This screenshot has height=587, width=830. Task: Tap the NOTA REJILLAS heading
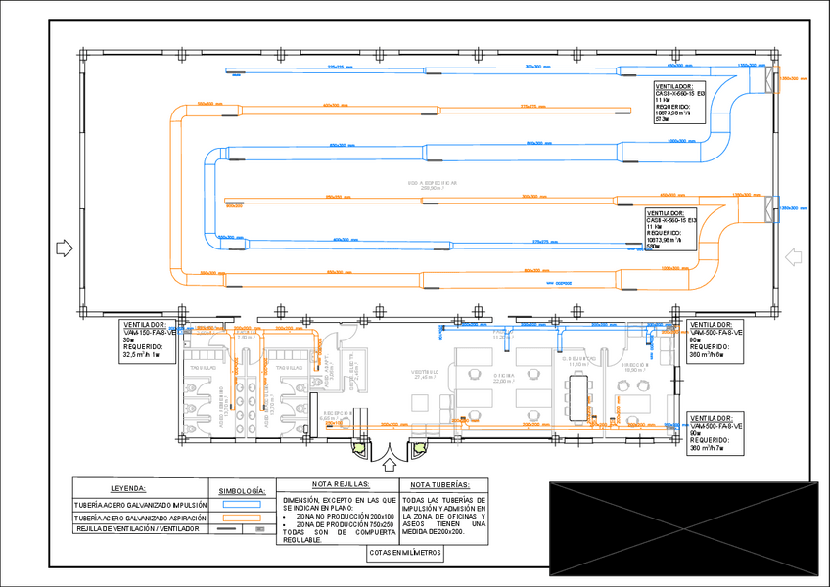pos(340,484)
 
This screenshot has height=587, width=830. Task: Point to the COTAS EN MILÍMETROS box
pos(405,553)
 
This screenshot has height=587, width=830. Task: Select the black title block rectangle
pos(682,528)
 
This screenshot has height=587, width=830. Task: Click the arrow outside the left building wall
pos(65,248)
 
